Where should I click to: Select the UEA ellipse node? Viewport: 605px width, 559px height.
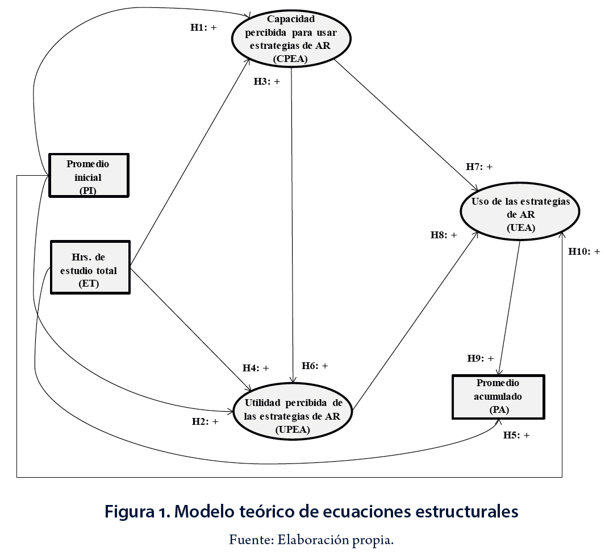tap(520, 214)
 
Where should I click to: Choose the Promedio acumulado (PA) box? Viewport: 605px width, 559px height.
tap(498, 396)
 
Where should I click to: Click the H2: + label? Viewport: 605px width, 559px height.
tap(205, 421)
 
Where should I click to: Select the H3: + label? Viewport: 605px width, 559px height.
tap(267, 81)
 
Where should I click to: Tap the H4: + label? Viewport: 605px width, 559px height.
tap(256, 367)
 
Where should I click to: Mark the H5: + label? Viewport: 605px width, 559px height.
tap(516, 435)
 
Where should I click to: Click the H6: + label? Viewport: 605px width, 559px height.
tap(315, 366)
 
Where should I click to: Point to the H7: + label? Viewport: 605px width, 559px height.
tap(479, 167)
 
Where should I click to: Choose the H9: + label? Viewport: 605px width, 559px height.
tap(481, 358)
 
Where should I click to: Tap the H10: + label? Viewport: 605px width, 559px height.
tap(584, 251)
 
